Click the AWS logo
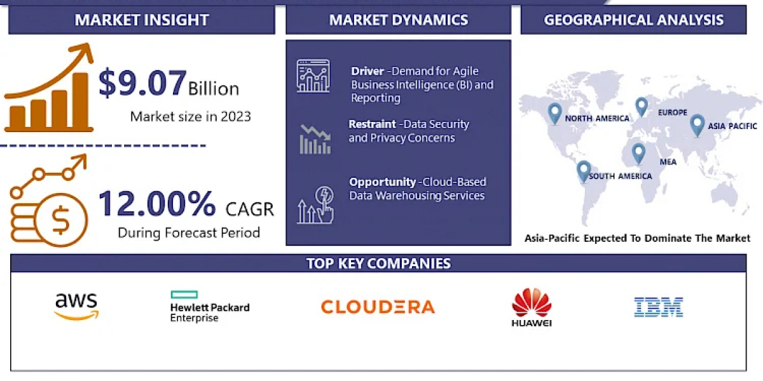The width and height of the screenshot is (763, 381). coord(76,306)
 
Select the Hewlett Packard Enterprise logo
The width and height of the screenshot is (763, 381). coord(210,306)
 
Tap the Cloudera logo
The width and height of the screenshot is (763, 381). coord(378,307)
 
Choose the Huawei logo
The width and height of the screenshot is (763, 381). coord(532,307)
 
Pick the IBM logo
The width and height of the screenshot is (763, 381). coord(659,307)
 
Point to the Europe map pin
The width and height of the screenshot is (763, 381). coord(642,107)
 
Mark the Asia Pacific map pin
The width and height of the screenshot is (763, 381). coord(697,125)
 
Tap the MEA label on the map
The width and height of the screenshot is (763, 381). coord(668,162)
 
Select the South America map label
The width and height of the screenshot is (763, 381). coord(621,177)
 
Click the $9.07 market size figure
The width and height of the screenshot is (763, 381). coord(142,83)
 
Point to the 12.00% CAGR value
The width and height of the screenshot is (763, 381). coord(156,203)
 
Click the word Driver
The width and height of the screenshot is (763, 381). coord(368,71)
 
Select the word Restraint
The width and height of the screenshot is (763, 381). coord(372,124)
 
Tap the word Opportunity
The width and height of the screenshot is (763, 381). coord(383,182)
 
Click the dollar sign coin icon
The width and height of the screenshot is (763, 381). coord(61,220)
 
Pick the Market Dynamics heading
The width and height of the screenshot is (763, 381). coord(399,20)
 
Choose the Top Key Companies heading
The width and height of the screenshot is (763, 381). coord(378,264)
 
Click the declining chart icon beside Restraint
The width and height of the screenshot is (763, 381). coord(315,139)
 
